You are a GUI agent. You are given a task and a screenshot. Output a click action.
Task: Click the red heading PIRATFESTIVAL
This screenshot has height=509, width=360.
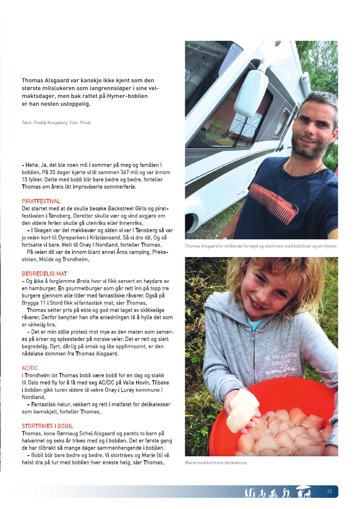pyautogui.click(x=41, y=201)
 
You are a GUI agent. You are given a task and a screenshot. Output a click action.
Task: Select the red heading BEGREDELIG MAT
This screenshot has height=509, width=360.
pyautogui.click(x=44, y=274)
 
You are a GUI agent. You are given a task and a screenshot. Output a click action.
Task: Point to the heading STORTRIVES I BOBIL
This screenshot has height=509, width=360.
pyautogui.click(x=47, y=426)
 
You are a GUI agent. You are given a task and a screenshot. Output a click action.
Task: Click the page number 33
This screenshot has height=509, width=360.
pyautogui.click(x=329, y=491)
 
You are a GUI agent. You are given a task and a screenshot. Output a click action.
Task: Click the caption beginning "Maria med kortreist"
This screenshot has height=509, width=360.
pyautogui.click(x=216, y=462)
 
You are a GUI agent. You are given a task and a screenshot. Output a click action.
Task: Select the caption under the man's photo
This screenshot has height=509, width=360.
pyautogui.click(x=261, y=246)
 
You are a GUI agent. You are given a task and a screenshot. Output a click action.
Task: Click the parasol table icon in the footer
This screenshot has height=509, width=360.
pyautogui.click(x=304, y=491)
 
